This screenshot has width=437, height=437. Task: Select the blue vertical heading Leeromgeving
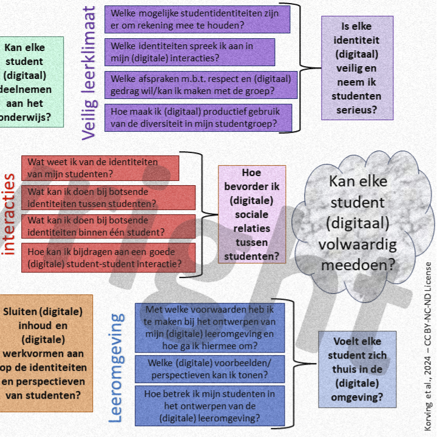click(117, 367)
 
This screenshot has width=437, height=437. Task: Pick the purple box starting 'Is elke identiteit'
click(357, 68)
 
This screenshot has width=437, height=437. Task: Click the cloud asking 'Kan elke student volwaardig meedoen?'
click(357, 223)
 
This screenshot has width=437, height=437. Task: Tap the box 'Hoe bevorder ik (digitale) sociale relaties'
click(251, 214)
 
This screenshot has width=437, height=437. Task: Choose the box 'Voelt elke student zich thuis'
click(357, 368)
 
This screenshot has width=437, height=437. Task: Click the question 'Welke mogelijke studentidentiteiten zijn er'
click(197, 19)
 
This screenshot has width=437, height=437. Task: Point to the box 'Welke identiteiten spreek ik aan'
click(190, 52)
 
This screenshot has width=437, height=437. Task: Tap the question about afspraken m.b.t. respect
click(201, 84)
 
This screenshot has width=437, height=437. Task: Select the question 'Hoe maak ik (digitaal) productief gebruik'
click(198, 118)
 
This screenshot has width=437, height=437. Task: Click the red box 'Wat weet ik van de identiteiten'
click(101, 168)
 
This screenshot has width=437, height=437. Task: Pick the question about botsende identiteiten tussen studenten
click(109, 197)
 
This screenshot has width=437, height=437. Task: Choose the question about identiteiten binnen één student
click(109, 226)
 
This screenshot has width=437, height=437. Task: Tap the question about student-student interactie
click(109, 257)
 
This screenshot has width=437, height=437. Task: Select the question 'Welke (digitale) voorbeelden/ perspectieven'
click(209, 370)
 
